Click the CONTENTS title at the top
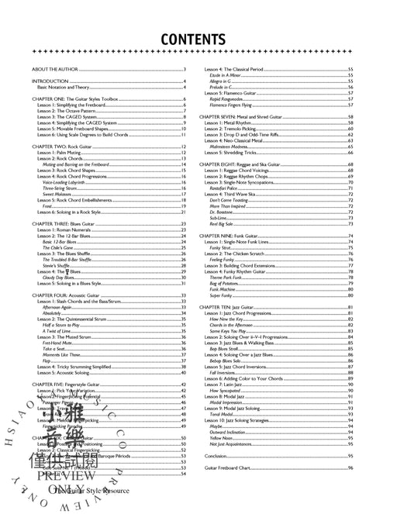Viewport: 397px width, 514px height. click(198, 38)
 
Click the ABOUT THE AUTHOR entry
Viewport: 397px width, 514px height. click(53, 71)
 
